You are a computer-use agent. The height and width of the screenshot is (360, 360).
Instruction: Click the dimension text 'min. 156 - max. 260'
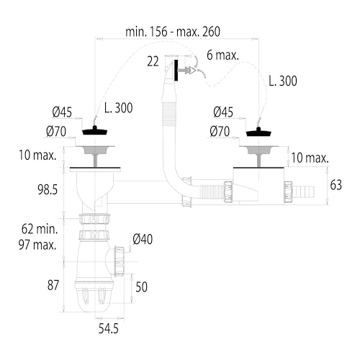tap(173, 32)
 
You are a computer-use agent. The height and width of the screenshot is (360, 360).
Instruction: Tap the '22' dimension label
tap(153, 62)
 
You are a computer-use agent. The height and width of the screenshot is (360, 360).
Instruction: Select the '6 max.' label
tap(222, 55)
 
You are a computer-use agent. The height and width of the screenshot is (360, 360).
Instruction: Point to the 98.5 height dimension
tap(48, 189)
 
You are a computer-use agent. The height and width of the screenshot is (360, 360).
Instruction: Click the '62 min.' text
tap(40, 229)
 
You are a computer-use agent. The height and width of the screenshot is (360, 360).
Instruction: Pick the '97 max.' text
tap(37, 245)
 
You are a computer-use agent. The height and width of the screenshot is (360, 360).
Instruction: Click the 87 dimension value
tap(53, 285)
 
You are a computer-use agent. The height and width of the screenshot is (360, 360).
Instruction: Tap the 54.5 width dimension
tap(109, 328)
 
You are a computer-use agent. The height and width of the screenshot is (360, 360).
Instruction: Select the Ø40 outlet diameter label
tap(143, 239)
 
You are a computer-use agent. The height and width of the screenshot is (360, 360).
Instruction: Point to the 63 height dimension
tap(336, 185)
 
